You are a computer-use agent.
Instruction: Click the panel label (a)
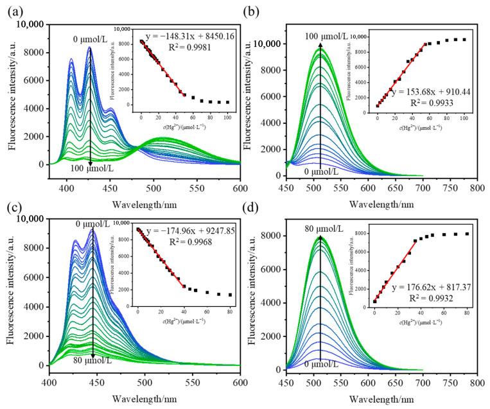[12, 10]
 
